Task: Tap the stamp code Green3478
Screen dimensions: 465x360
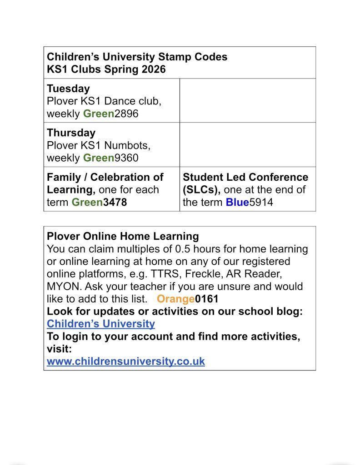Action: (99, 203)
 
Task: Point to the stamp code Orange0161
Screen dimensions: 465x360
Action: (187, 299)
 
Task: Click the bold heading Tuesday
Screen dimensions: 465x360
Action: (68, 89)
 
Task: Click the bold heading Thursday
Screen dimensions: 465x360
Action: (71, 133)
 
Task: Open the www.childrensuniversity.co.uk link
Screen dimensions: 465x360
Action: (125, 361)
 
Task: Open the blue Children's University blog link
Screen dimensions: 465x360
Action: (100, 324)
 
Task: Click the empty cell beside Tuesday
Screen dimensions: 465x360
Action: (247, 100)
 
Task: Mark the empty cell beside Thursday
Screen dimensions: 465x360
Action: (247, 145)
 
